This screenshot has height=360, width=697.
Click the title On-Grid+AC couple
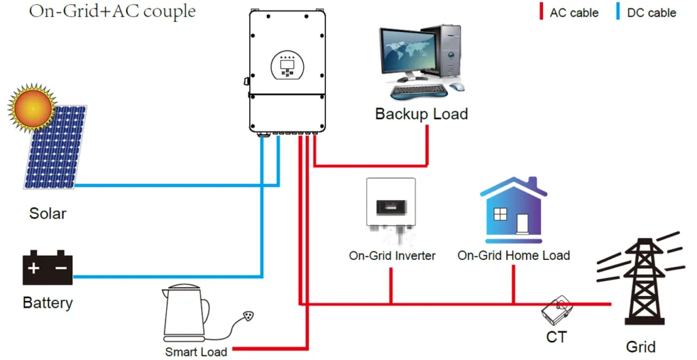(112, 12)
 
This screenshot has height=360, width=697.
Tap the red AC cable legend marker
(540, 12)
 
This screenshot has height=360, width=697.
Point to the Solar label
(48, 214)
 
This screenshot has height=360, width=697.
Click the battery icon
(48, 267)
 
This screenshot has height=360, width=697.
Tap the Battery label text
(48, 302)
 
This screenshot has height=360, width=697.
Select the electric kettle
(186, 316)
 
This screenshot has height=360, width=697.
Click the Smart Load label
(196, 352)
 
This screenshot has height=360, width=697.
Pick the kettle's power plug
(250, 316)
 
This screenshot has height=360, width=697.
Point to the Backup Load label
(421, 114)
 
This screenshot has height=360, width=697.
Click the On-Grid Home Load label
(513, 256)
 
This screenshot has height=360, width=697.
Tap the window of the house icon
(500, 214)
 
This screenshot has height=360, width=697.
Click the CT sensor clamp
(557, 310)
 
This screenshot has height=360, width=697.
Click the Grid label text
(641, 346)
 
